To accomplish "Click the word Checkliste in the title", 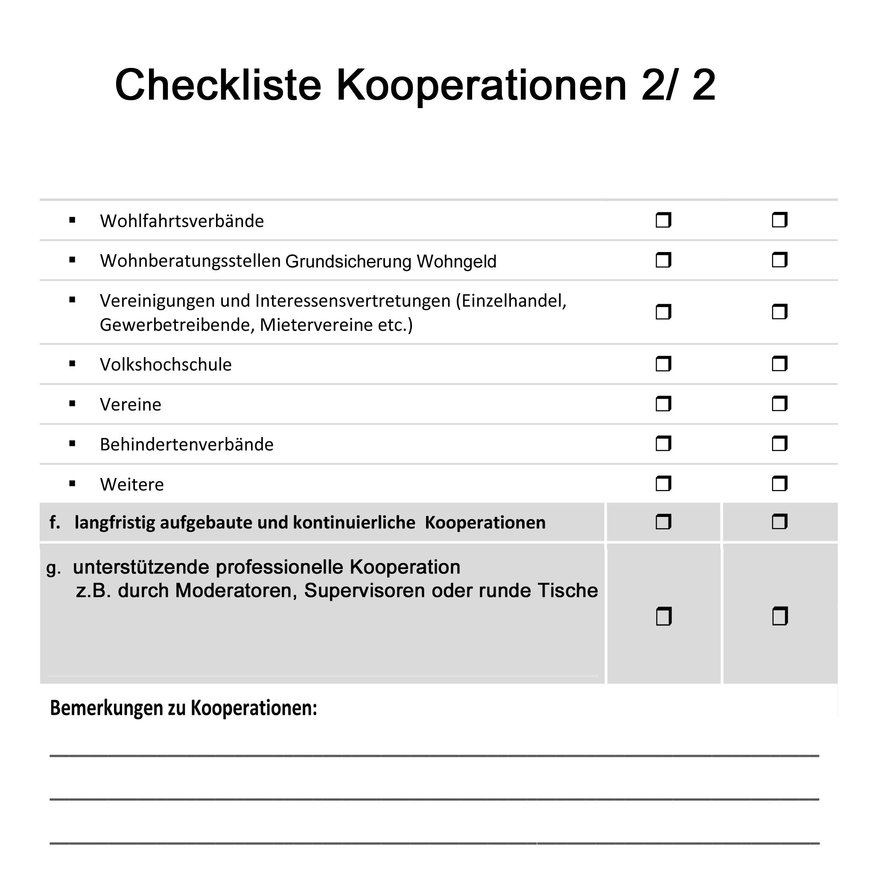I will [217, 85].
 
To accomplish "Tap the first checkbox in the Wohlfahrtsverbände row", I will [663, 220].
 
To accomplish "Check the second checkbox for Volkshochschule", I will [779, 364].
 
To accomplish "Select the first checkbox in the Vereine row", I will [663, 404].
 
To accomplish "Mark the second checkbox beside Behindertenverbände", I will [779, 444].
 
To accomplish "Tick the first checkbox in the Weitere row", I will [663, 484].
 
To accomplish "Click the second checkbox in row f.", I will [779, 522].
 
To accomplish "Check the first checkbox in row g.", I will [663, 616].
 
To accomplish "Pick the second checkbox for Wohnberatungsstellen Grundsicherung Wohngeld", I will [779, 261].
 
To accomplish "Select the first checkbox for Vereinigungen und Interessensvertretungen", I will [663, 312].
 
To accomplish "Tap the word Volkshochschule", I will [166, 364].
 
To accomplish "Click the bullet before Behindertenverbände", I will [72, 444].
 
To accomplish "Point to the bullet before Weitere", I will [72, 484].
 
